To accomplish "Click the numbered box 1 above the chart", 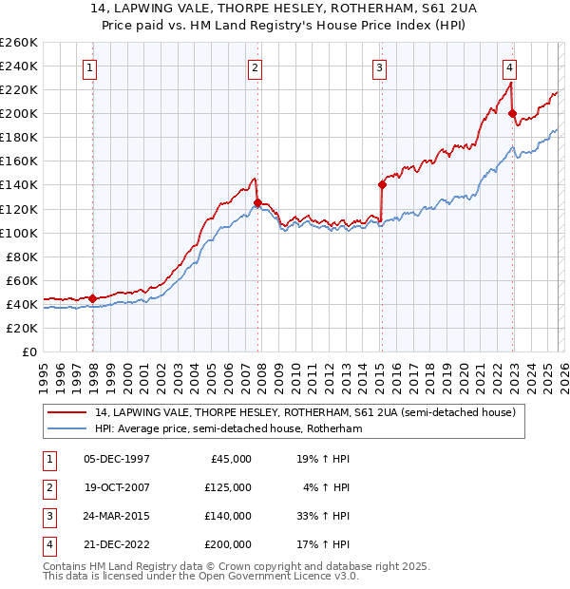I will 89,67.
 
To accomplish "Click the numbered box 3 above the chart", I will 379,67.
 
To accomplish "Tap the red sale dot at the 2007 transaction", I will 257,202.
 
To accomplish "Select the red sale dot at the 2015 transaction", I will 382,184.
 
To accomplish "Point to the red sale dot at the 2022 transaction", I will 512,113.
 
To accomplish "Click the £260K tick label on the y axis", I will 19,43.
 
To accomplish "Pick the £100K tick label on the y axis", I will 19,233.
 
